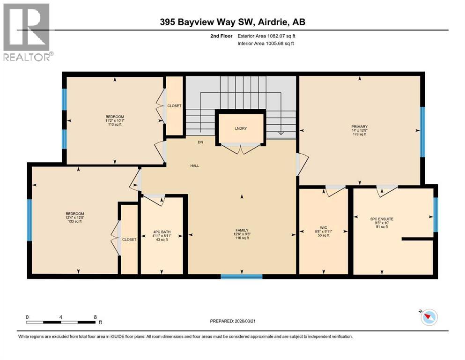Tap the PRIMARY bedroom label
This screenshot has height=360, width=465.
[360, 126]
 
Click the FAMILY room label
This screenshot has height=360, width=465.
[242, 230]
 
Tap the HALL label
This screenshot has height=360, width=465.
[195, 166]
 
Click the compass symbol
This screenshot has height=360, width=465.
[428, 317]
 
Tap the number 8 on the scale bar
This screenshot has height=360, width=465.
[96, 316]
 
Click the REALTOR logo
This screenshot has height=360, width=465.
[27, 32]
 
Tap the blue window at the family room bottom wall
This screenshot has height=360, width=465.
[242, 277]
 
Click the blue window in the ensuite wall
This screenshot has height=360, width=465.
[435, 215]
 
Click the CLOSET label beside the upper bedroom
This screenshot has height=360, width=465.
[174, 106]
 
